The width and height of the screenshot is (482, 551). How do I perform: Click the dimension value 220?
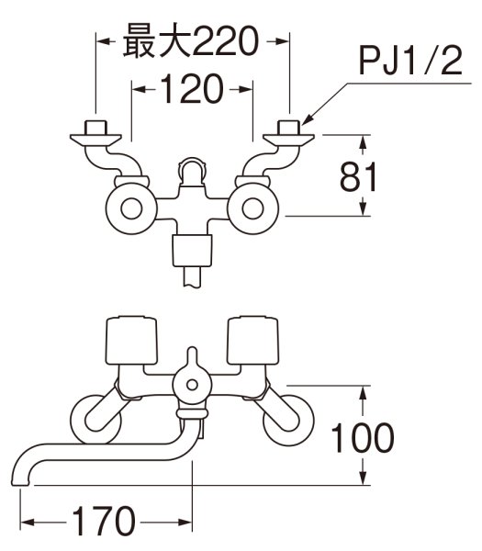click(220, 42)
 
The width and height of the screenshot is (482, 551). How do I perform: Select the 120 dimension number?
click(192, 90)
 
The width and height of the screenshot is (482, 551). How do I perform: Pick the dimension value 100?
click(364, 436)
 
